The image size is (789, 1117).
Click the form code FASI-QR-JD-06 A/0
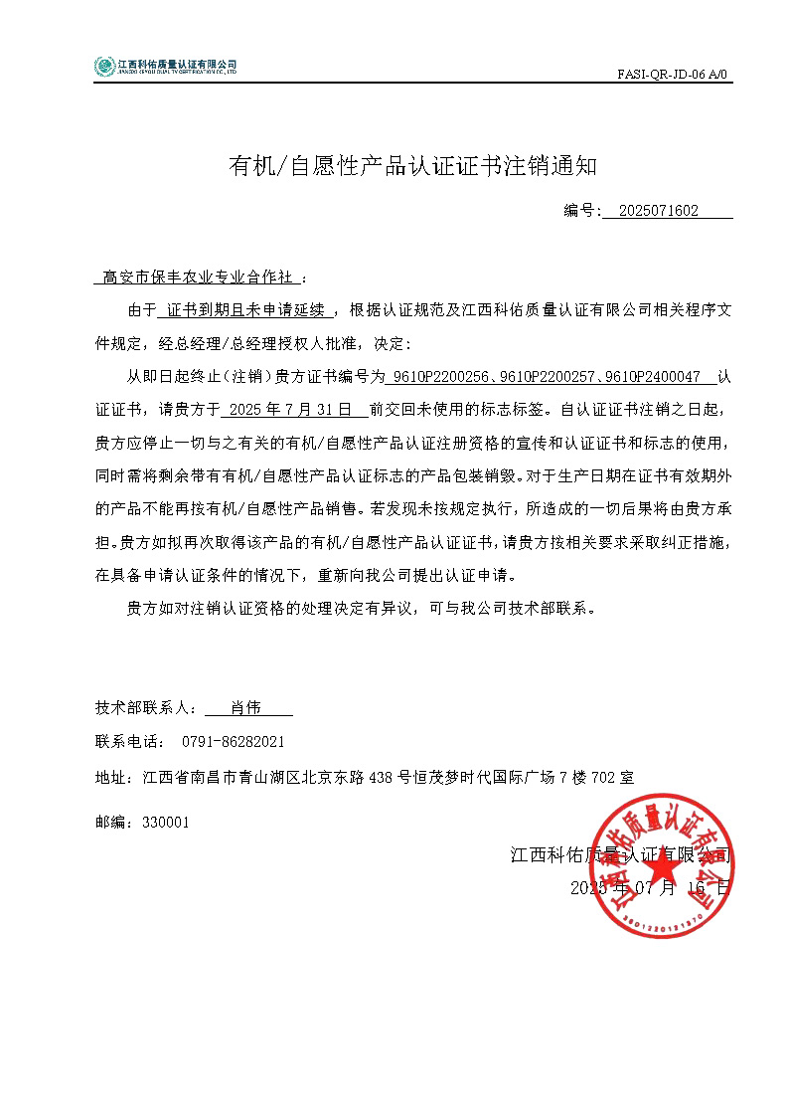tap(674, 74)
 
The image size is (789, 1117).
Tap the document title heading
tap(413, 166)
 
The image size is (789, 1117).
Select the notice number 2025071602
tap(658, 211)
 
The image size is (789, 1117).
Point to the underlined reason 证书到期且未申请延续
tap(246, 310)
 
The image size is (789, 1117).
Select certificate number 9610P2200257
tap(545, 377)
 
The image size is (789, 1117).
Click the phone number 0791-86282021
tap(234, 742)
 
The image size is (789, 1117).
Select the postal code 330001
tap(166, 823)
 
